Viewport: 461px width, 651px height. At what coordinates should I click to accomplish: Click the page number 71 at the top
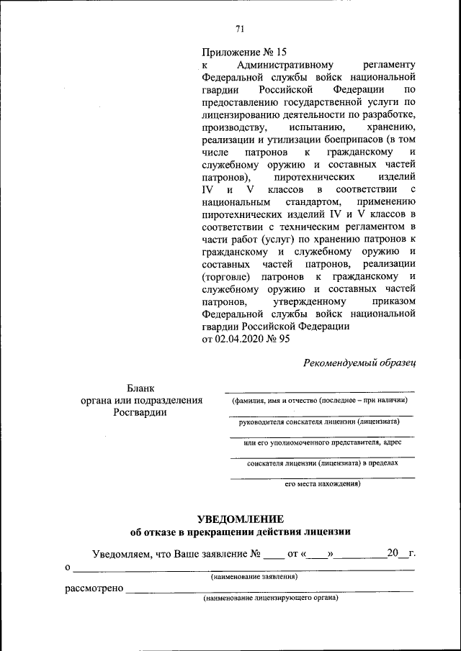pos(241,29)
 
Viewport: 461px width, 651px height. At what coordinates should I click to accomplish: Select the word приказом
pos(391,301)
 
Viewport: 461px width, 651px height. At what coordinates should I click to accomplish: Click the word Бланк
pos(140,388)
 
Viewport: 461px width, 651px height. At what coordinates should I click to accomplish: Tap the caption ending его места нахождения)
pos(322,484)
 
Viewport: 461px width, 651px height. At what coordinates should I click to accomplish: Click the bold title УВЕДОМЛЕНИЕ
pos(241,519)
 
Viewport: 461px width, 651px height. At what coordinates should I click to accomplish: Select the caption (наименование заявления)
pos(254,577)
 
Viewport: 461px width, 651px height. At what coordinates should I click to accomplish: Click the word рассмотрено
pos(93,589)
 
